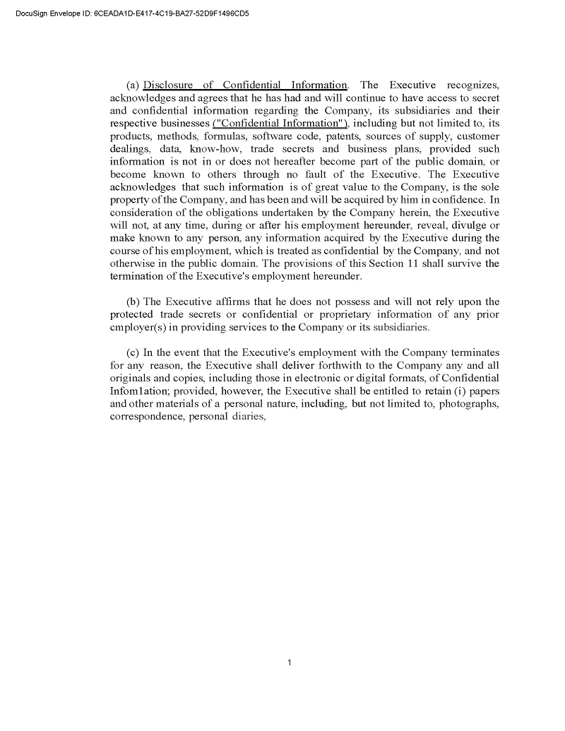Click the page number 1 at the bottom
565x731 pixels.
tap(290, 662)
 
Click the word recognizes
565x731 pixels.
tap(473, 85)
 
